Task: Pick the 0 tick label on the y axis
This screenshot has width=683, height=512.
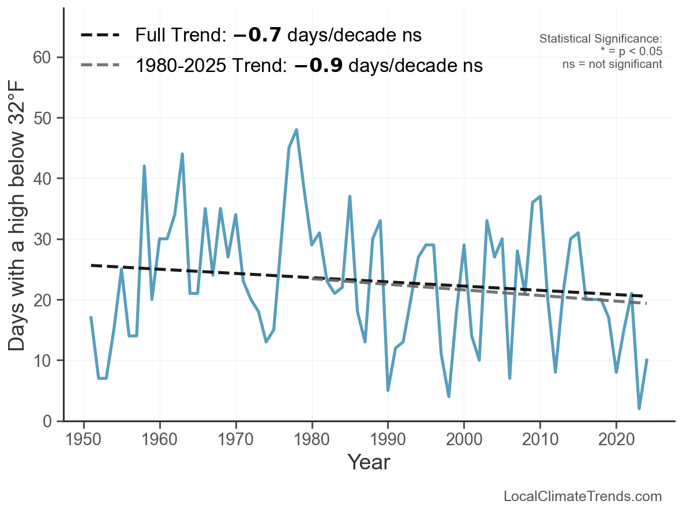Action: pyautogui.click(x=48, y=422)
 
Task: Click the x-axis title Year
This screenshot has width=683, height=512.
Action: pyautogui.click(x=369, y=462)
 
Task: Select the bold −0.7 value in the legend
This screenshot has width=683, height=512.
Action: pyautogui.click(x=257, y=36)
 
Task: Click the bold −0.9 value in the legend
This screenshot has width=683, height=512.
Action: pyautogui.click(x=318, y=66)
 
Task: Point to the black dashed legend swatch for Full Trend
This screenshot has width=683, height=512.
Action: pyautogui.click(x=100, y=36)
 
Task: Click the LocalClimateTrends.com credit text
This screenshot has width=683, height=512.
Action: pyautogui.click(x=583, y=496)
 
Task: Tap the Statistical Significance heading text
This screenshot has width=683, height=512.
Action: pyautogui.click(x=601, y=39)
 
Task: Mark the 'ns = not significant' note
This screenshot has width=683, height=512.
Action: pyautogui.click(x=612, y=64)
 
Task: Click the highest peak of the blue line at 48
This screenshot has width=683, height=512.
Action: pyautogui.click(x=297, y=130)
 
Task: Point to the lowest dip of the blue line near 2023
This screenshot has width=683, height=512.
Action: pyautogui.click(x=639, y=408)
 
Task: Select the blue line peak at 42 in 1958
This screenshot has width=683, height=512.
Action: pyautogui.click(x=144, y=166)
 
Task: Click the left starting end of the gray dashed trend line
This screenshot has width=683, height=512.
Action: pyautogui.click(x=313, y=279)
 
